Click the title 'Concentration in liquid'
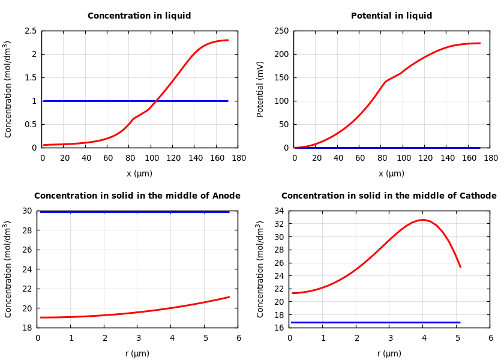[139, 16]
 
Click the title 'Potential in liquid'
[391, 16]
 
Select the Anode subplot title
[137, 196]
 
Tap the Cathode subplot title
[389, 196]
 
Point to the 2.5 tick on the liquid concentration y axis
[30, 31]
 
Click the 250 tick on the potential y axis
[282, 31]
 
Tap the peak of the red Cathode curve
[423, 220]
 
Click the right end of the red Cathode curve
[460, 266]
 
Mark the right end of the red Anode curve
[229, 296]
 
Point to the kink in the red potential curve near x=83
[385, 82]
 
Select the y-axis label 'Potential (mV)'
[260, 89]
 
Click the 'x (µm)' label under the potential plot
[391, 174]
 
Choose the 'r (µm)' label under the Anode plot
[137, 354]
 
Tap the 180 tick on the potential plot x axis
[490, 158]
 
